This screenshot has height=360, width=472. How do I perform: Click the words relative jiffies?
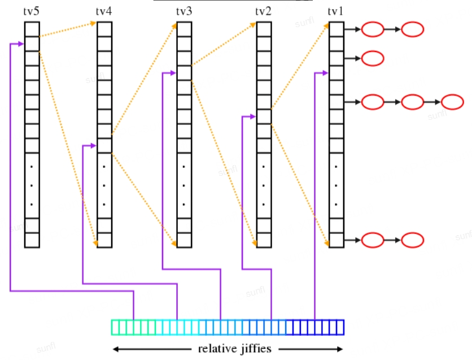[x=234, y=348]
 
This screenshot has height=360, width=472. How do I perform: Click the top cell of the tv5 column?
[x=32, y=29]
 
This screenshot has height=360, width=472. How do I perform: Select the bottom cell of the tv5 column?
[x=32, y=240]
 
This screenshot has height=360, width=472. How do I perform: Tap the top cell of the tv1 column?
[x=336, y=29]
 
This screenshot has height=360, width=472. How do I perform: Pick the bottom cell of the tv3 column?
[x=184, y=240]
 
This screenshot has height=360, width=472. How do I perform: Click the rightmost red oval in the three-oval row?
[x=452, y=102]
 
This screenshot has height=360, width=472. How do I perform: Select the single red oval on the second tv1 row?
[x=373, y=58]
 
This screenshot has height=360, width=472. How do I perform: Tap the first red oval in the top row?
[x=373, y=29]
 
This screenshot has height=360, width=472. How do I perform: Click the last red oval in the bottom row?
[x=413, y=240]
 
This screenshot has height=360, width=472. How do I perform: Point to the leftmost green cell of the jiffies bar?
[x=115, y=327]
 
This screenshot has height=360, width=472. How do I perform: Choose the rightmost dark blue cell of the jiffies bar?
[x=340, y=327]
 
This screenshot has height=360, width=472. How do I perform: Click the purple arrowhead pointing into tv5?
[x=21, y=44]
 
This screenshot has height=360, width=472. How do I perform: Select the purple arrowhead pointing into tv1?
[x=325, y=72]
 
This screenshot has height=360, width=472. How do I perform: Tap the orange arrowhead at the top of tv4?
[x=94, y=24]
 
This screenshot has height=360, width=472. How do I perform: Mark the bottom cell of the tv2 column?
[x=264, y=240]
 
